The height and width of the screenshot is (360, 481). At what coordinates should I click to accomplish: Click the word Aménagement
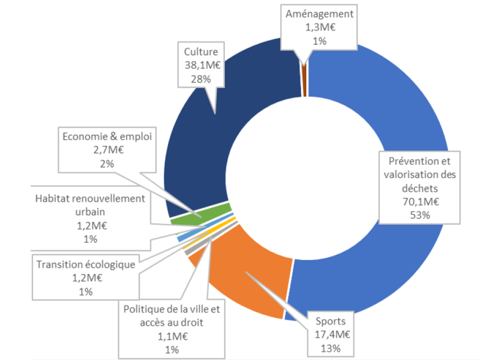pyautogui.click(x=319, y=14)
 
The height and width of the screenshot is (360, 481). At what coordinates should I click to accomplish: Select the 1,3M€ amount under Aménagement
pyautogui.click(x=319, y=26)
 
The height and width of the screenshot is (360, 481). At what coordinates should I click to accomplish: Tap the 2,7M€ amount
pyautogui.click(x=107, y=150)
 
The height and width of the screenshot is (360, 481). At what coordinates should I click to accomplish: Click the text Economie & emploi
pyautogui.click(x=107, y=136)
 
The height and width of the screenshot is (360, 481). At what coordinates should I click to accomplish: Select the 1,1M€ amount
pyautogui.click(x=171, y=336)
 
